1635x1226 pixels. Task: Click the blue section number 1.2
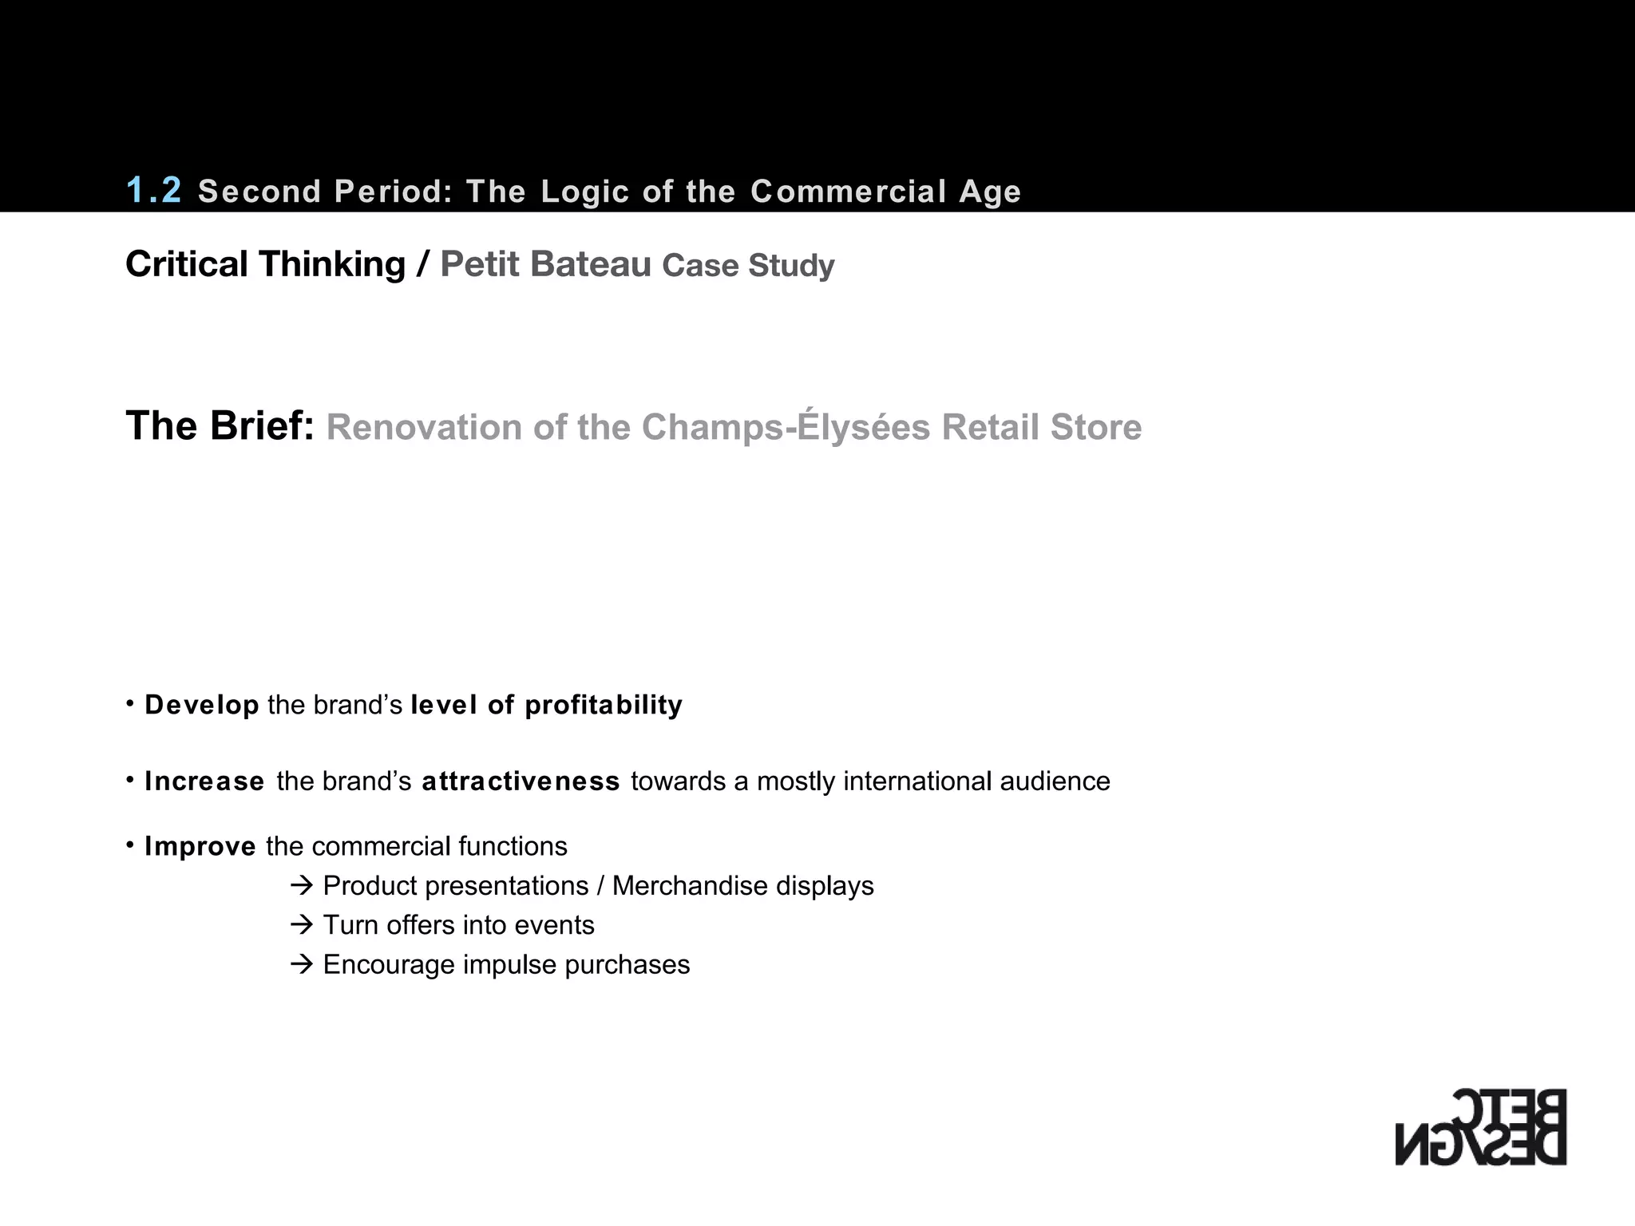(154, 191)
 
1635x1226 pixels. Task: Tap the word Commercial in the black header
(849, 192)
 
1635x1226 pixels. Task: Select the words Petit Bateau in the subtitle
(546, 264)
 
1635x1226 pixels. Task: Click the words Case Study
(748, 266)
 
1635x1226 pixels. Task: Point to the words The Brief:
(220, 425)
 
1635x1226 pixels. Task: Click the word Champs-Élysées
(786, 426)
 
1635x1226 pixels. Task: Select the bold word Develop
(202, 705)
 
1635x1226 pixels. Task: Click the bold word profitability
(604, 705)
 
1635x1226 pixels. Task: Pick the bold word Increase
(204, 781)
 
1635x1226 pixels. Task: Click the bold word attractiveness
(521, 781)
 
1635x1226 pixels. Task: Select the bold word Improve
(200, 846)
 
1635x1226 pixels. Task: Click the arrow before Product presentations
(302, 886)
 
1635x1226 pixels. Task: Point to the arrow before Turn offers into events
(302, 925)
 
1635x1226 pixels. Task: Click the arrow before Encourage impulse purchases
(302, 964)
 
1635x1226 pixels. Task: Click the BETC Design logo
(1481, 1126)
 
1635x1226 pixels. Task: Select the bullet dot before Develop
(130, 702)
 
